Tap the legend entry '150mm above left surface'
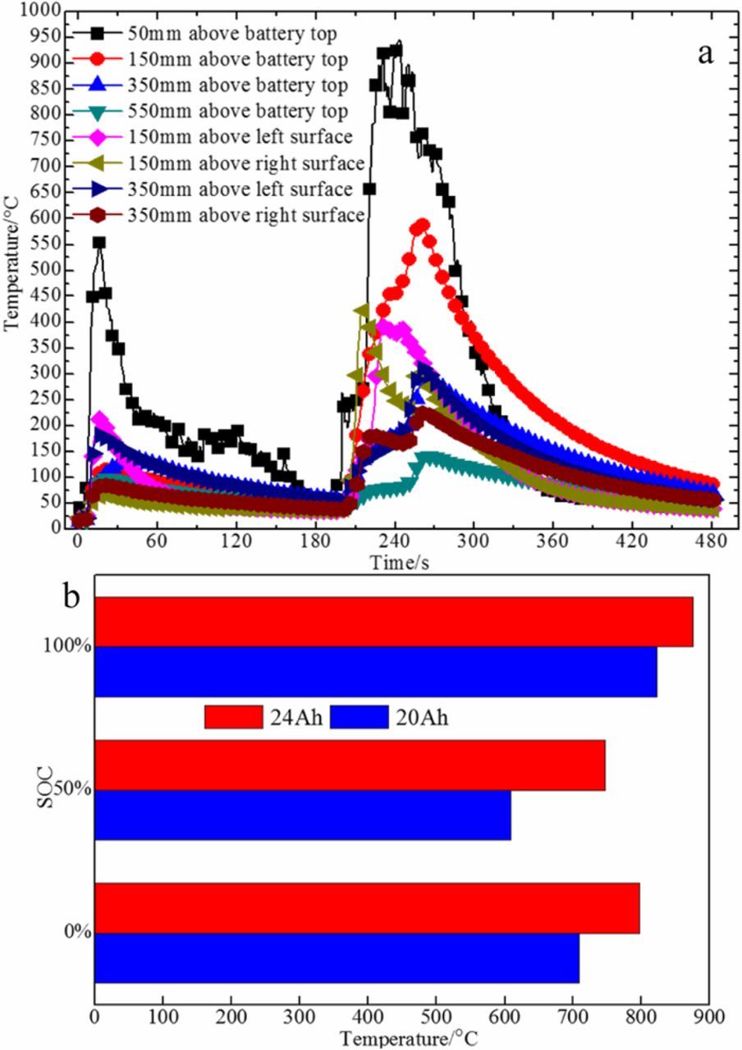coord(237,137)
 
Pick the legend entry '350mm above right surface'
coord(245,215)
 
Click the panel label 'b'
coord(73,597)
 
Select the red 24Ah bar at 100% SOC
coord(394,622)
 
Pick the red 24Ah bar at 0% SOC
coord(367,908)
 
